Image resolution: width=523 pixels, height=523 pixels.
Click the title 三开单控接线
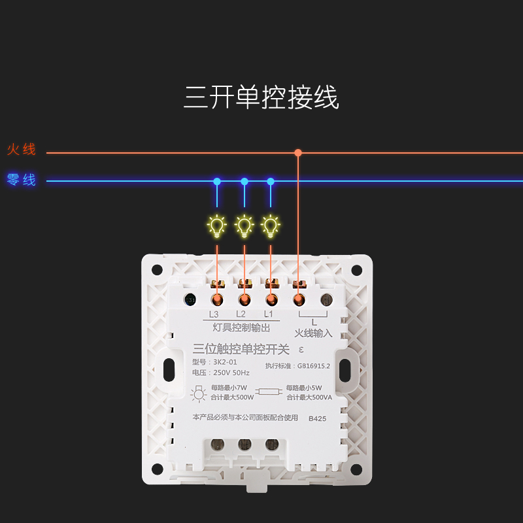[261, 98]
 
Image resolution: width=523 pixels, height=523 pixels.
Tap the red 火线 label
[22, 150]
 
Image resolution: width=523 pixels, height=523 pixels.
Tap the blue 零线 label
[22, 180]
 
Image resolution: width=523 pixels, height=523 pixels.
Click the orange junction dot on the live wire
[298, 152]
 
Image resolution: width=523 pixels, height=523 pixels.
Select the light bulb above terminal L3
[217, 226]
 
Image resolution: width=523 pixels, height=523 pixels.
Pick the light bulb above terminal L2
[245, 226]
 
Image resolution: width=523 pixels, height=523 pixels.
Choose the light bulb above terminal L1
[271, 226]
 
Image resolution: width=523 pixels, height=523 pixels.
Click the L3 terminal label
[214, 314]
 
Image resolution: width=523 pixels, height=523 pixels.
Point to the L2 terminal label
[241, 314]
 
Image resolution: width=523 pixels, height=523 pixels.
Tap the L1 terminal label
[268, 314]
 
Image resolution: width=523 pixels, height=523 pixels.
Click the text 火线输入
[313, 333]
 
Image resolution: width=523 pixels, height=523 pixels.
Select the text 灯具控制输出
[242, 328]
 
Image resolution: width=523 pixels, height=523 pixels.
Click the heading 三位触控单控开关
[241, 350]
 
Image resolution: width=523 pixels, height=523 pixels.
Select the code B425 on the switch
[317, 418]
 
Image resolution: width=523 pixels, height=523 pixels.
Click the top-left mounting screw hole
[158, 270]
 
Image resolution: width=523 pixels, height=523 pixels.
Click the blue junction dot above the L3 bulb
[217, 181]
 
